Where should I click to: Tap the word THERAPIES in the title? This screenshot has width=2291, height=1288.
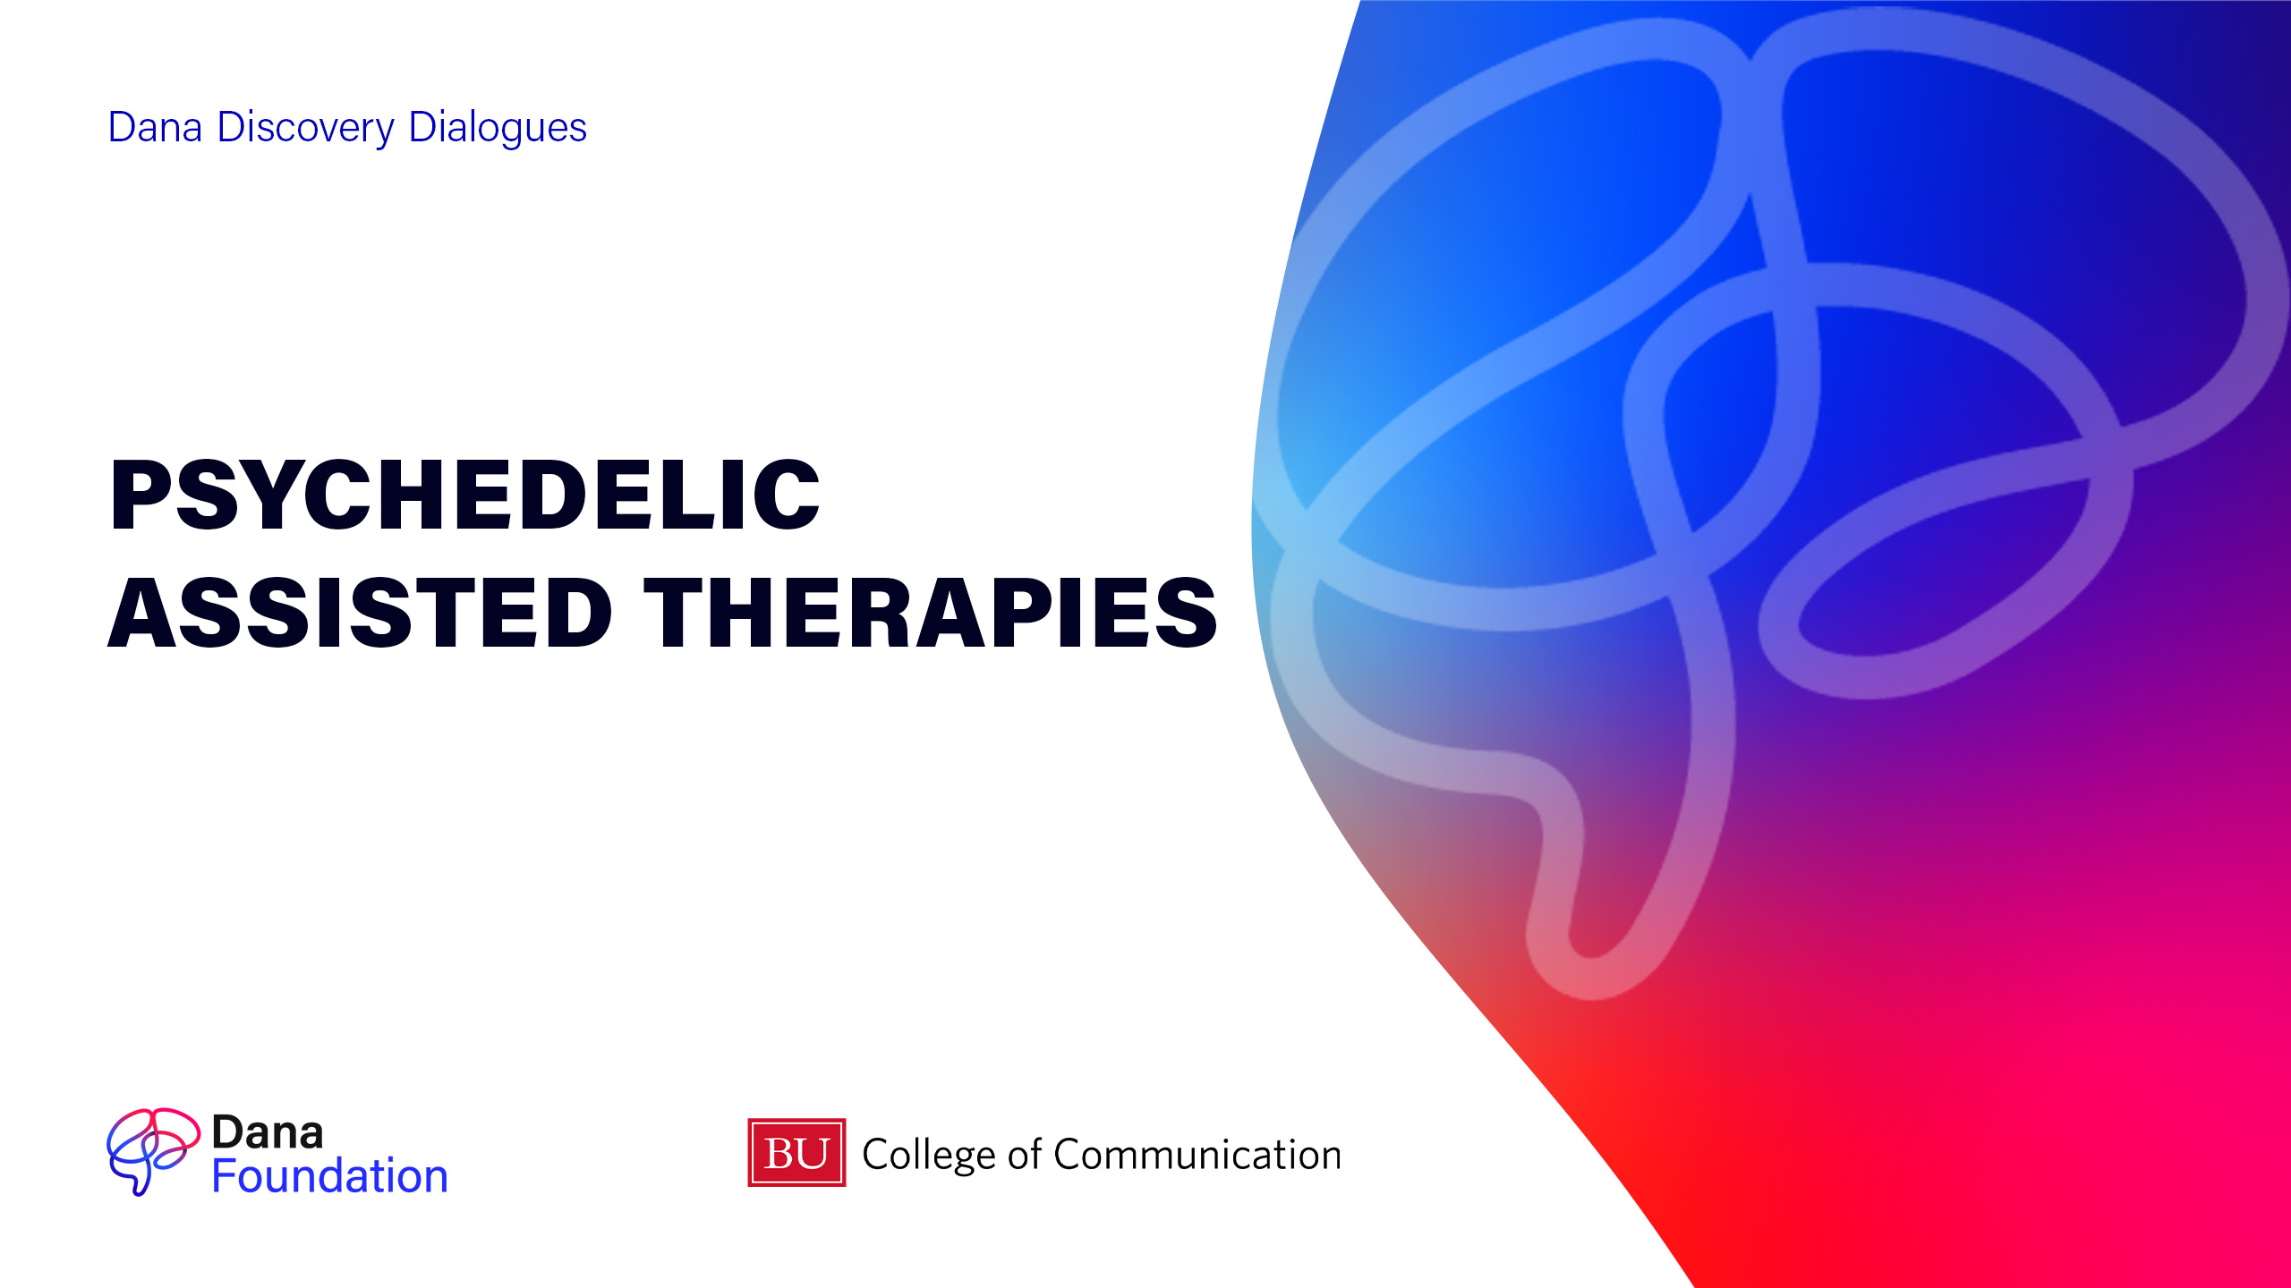931,613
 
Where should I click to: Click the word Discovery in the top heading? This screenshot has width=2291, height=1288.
305,128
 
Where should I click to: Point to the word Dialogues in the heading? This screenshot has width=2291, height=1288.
498,128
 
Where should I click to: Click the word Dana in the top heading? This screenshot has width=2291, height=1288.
155,127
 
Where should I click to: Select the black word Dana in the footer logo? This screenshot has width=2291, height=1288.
267,1133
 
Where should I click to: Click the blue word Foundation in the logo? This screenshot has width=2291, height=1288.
329,1176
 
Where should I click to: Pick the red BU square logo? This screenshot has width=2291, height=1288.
796,1153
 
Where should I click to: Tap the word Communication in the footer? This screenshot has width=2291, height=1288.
1197,1155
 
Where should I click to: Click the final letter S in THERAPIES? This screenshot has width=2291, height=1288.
1185,613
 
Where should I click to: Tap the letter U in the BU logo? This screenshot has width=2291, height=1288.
813,1154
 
